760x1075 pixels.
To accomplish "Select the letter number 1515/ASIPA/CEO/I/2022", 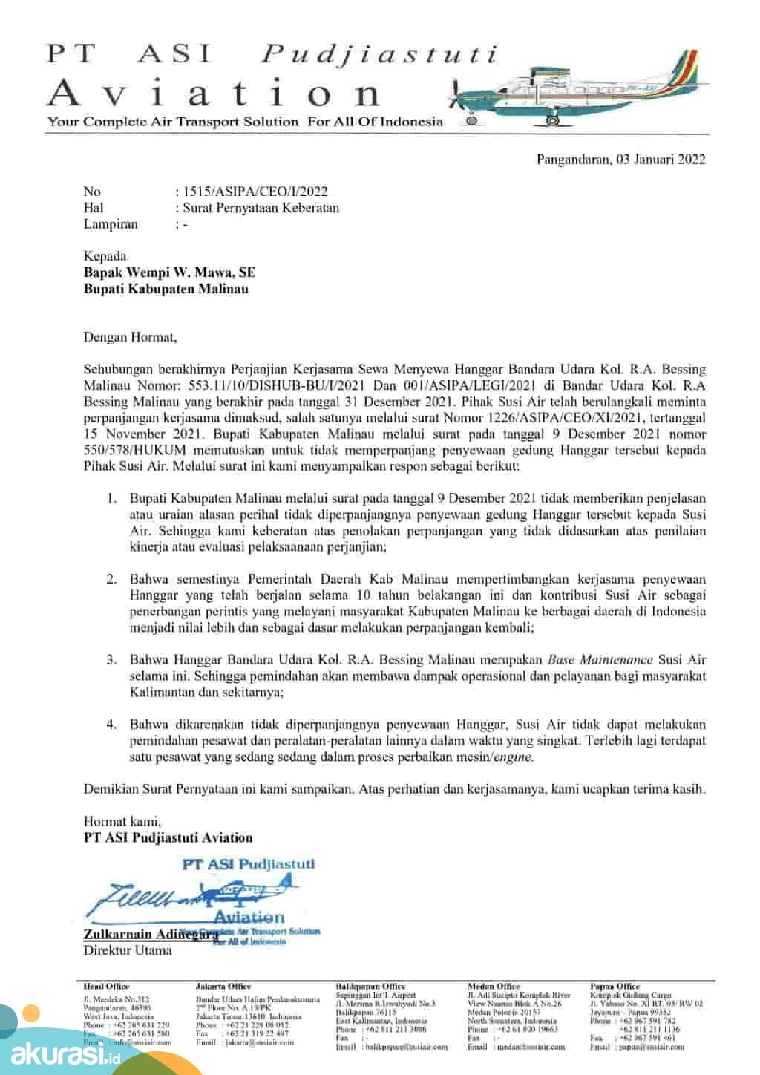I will click(255, 192).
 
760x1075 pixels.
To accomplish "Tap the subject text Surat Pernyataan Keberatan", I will click(261, 208).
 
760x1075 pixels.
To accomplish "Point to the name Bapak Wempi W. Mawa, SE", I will click(169, 273).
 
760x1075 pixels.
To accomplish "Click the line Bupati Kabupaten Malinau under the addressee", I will click(166, 289).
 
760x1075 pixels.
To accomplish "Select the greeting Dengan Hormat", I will click(130, 337).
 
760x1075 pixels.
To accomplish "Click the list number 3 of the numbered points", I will click(111, 659).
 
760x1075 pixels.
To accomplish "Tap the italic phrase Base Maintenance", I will click(600, 659).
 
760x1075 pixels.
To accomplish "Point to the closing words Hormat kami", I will click(122, 822).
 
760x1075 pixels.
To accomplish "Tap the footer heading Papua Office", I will click(617, 987).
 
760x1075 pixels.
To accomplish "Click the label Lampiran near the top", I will click(111, 223).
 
